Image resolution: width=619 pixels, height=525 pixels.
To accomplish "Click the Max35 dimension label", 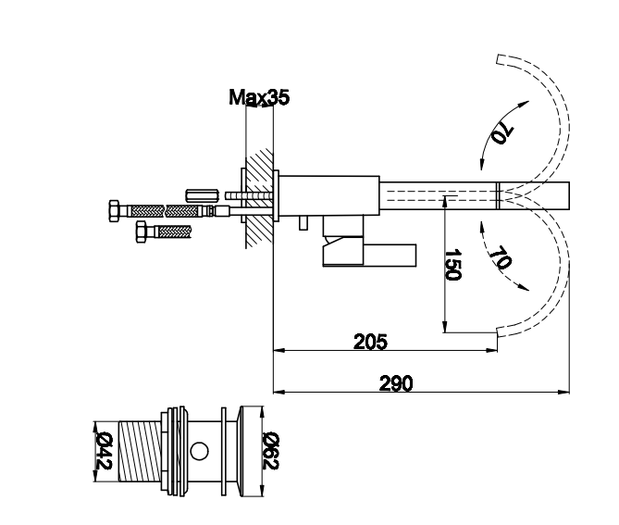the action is [x=259, y=97].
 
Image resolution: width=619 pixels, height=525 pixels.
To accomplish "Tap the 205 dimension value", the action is [x=370, y=342].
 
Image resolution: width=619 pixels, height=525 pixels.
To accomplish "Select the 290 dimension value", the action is [x=396, y=383].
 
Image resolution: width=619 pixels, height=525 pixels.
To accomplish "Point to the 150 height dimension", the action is [x=452, y=264].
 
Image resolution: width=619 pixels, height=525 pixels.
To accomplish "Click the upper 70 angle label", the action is [x=502, y=133].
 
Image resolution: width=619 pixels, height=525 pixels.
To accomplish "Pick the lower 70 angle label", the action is [x=501, y=257].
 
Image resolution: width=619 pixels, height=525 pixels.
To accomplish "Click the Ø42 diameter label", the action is [x=105, y=451].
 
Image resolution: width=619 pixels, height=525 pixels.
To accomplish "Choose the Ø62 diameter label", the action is [x=271, y=451].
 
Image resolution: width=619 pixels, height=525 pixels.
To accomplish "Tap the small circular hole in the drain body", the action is [x=199, y=451].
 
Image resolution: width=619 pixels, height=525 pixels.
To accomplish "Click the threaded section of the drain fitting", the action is [x=140, y=451].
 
